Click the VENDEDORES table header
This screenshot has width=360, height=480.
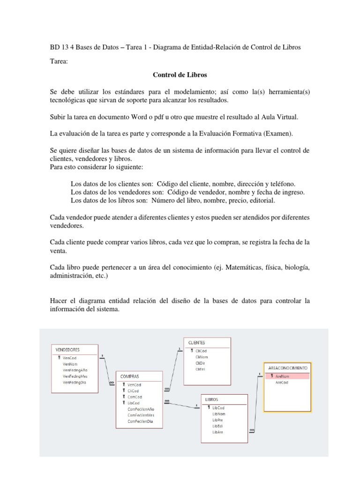point(68,350)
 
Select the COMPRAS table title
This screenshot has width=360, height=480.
point(130,376)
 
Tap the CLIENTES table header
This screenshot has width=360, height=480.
point(196,343)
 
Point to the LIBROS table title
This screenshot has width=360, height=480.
point(212,399)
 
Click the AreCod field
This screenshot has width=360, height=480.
point(281,382)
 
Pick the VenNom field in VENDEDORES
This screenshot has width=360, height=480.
point(70,363)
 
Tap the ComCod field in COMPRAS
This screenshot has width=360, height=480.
point(135,397)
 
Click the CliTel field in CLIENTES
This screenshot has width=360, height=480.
point(201,369)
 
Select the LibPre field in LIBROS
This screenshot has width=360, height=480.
point(218,420)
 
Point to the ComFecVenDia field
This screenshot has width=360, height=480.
point(140,421)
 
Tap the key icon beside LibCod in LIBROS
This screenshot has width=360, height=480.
point(208,408)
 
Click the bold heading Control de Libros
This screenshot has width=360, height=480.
point(180,75)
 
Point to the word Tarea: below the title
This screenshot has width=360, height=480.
point(59,61)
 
